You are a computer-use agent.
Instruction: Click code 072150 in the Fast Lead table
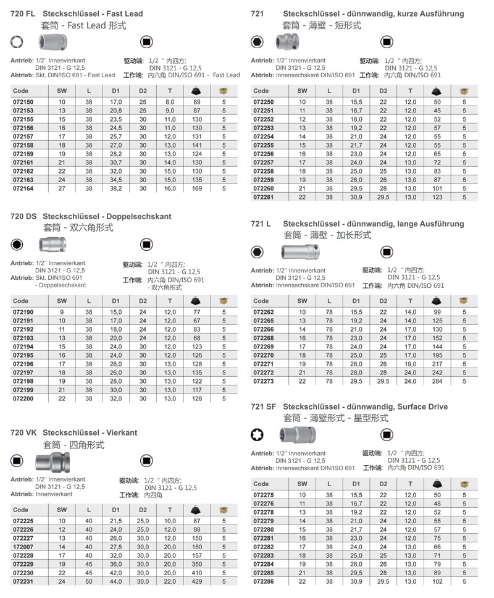23,101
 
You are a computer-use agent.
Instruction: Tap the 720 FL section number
23,14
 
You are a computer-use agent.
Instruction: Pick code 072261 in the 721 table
264,197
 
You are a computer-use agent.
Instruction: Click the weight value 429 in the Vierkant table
197,581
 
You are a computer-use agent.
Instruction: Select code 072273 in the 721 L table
264,381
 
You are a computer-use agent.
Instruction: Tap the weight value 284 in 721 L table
437,381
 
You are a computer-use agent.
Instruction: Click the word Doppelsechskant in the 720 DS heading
139,217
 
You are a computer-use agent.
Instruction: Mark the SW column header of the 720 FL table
62,90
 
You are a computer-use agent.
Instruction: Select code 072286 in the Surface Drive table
264,581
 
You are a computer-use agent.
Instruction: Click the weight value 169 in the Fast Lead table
197,188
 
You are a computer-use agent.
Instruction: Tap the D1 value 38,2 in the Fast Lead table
115,188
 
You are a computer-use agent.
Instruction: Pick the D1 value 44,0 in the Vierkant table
115,581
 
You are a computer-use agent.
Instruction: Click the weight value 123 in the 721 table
437,197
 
